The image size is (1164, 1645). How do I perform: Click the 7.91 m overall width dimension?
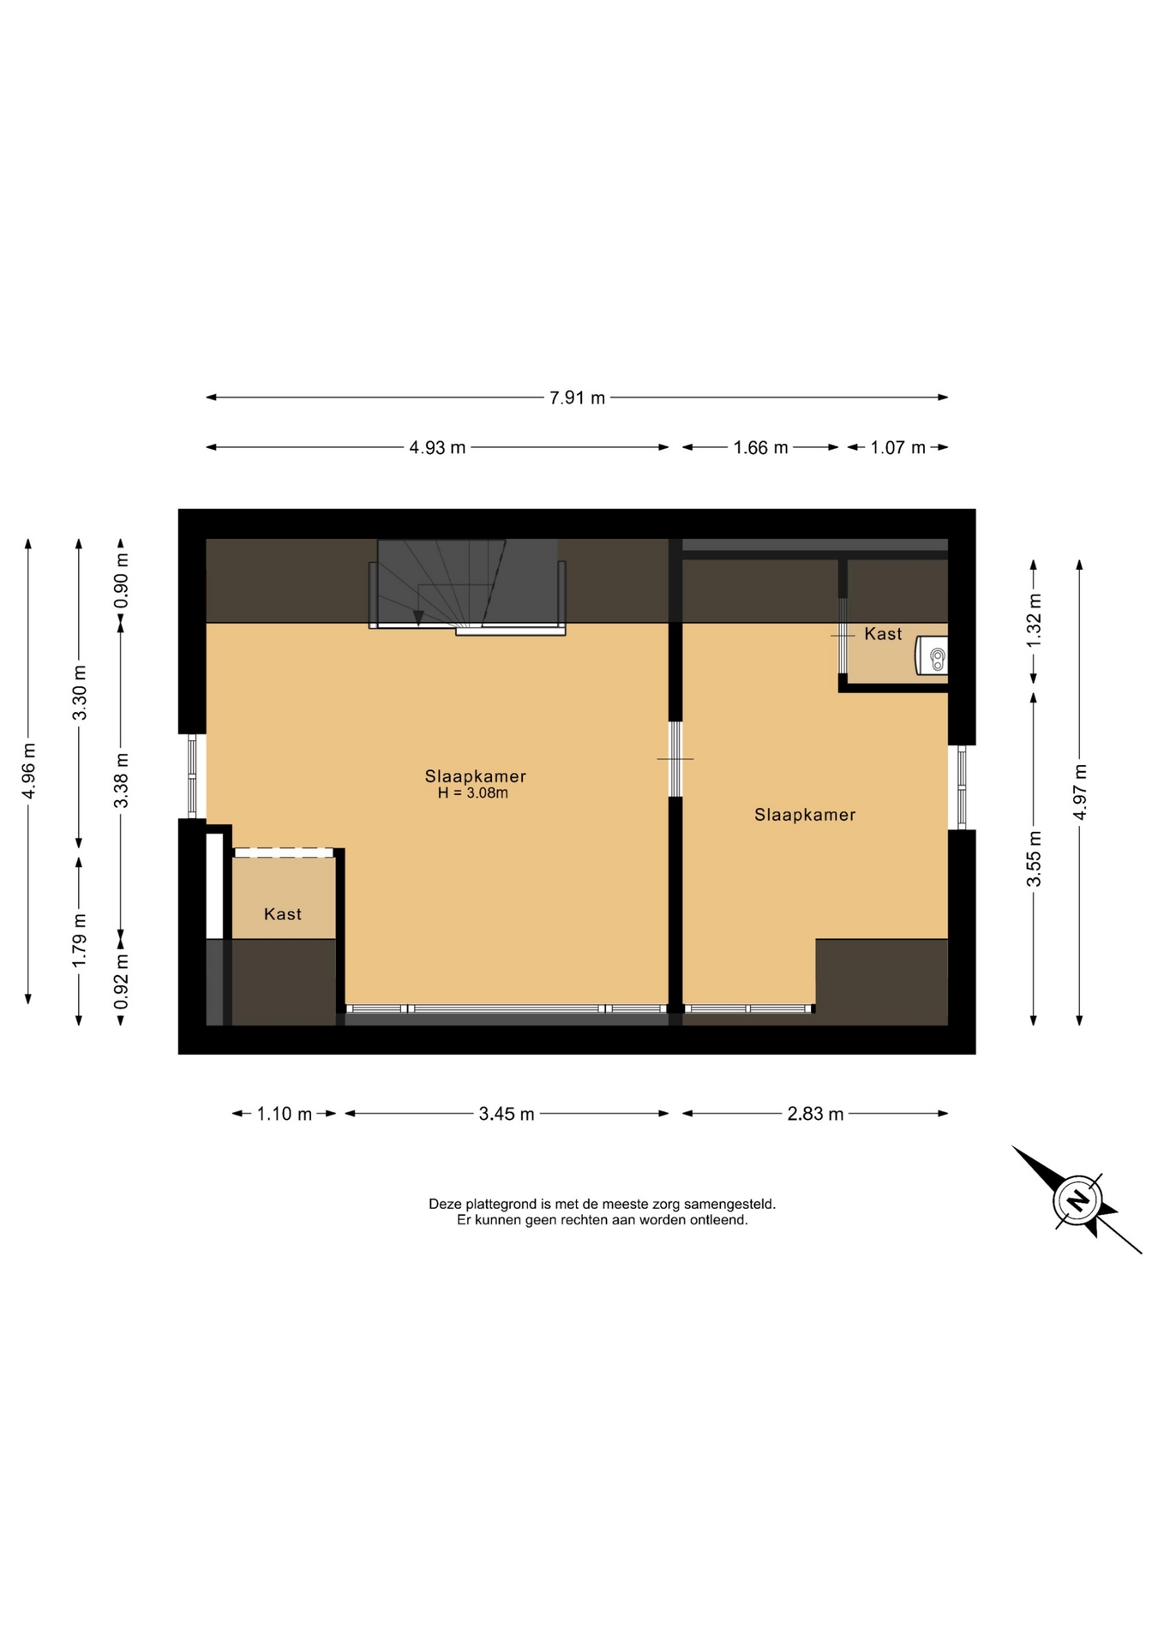pos(577,398)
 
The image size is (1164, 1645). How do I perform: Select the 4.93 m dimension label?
pos(437,447)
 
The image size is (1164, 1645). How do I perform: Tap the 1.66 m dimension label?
pos(760,447)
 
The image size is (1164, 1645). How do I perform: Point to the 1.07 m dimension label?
pos(897,447)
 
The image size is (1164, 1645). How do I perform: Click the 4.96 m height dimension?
pos(29,770)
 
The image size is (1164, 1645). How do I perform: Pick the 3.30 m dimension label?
pos(80,693)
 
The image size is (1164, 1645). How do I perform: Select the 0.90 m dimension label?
pos(122,580)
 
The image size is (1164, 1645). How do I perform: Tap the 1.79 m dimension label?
pos(80,941)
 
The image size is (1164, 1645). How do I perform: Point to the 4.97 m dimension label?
pos(1080,792)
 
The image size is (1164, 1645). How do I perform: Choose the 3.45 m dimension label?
pos(507,1114)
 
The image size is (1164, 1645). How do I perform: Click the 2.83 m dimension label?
pos(815,1114)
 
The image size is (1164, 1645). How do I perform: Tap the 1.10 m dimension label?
pos(285,1114)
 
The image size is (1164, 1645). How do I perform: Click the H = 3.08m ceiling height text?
pos(473,793)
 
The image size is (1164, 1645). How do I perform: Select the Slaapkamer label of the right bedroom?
pos(805,815)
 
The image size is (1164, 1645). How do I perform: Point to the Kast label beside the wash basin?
pos(883,634)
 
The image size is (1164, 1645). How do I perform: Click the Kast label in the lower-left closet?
pos(283,914)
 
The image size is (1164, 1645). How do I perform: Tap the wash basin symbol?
pos(933,655)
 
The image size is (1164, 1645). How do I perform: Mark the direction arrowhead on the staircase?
pos(418,616)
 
